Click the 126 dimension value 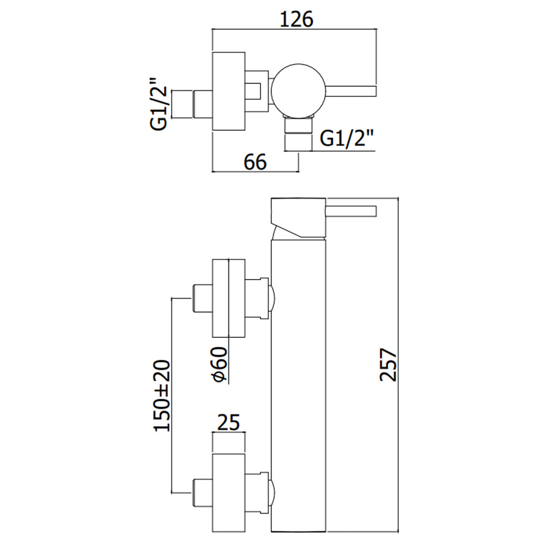[x=296, y=20]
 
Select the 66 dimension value [x=254, y=162]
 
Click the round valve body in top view [x=298, y=90]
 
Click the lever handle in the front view [x=351, y=211]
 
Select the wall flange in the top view [x=228, y=91]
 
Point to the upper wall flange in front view [x=228, y=298]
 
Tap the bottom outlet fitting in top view [x=299, y=135]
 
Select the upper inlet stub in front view [x=201, y=298]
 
